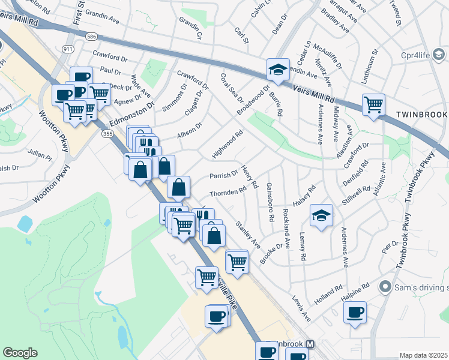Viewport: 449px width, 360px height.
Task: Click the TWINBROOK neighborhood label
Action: (421, 114)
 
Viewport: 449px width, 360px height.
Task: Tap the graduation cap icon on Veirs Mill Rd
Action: (278, 69)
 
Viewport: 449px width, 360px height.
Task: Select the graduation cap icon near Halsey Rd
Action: (321, 215)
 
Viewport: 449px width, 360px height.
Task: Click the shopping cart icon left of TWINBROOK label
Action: (373, 104)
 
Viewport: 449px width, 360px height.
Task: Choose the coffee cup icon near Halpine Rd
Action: (355, 312)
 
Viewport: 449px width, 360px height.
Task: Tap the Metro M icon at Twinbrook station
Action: (310, 344)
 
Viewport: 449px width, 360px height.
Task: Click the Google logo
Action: (20, 353)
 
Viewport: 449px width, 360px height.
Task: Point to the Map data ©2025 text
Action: (423, 355)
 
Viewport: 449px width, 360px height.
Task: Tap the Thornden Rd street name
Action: (228, 192)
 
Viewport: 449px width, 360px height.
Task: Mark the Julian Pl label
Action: (41, 154)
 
